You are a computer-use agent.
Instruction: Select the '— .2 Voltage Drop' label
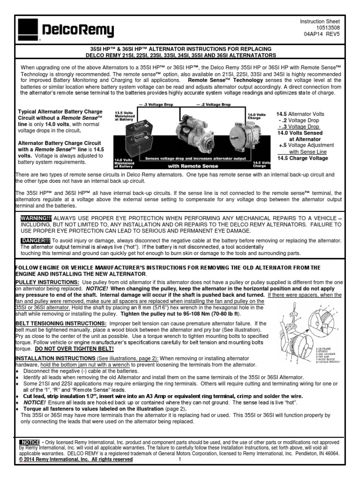point(215,104)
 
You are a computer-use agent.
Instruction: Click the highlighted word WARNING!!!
point(36,218)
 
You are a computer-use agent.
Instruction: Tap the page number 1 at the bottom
point(179,460)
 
